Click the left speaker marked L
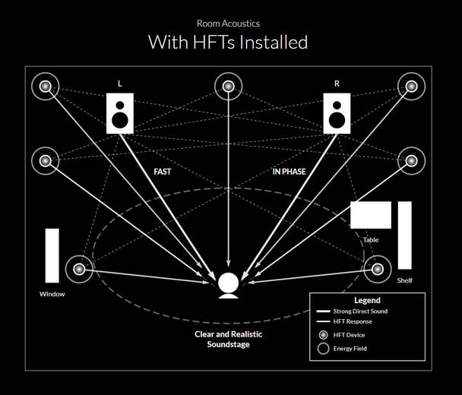pos(120,113)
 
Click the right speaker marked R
pos(336,113)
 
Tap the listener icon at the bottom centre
pos(228,284)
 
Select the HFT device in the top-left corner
pos(45,86)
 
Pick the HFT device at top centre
pos(228,86)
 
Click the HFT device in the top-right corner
pos(411,86)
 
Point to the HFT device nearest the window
pos(79,269)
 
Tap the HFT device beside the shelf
pos(378,269)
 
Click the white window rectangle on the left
pos(52,255)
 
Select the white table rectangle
pos(371,215)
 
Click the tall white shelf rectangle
pos(404,235)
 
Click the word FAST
pos(163,172)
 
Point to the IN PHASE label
pos(289,172)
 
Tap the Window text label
pos(52,294)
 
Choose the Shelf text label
pos(404,280)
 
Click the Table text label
pos(371,240)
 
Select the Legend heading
pos(367,301)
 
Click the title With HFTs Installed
pos(228,41)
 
